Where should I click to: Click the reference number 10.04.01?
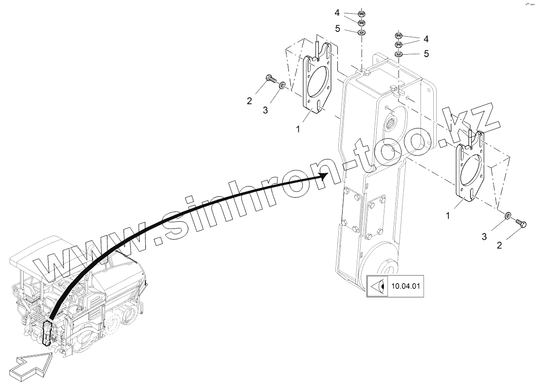click(404, 286)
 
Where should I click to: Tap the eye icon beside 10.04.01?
click(378, 286)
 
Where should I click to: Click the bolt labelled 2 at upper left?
click(271, 79)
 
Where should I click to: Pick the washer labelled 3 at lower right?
click(508, 217)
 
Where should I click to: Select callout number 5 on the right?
click(426, 54)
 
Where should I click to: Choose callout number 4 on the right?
click(426, 38)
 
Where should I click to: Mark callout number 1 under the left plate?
click(298, 128)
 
